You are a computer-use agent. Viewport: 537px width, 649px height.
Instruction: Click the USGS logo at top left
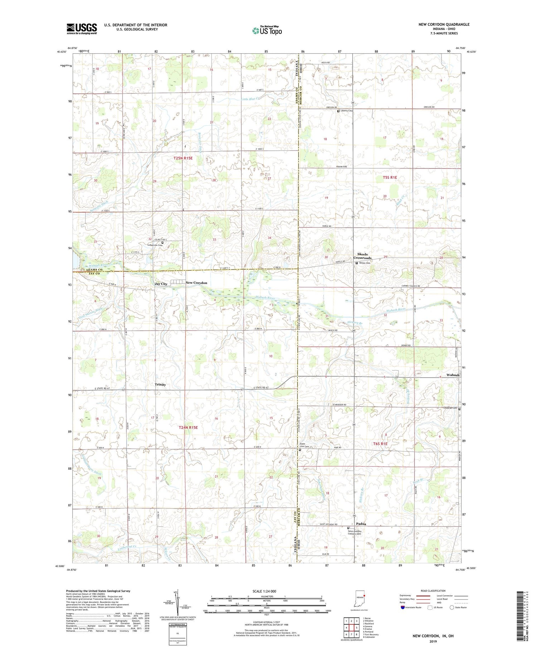tap(82, 29)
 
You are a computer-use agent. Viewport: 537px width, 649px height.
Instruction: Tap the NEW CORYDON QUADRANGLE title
tap(444, 24)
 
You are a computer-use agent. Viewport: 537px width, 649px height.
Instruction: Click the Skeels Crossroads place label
tap(362, 256)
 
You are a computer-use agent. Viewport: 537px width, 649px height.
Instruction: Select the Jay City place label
tap(161, 284)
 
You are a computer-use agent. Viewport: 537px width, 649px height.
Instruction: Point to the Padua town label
tap(361, 524)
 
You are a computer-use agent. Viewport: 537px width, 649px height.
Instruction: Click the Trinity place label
tap(160, 384)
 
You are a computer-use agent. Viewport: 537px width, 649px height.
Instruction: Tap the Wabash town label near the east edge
tap(453, 375)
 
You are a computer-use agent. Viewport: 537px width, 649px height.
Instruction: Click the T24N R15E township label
tap(188, 427)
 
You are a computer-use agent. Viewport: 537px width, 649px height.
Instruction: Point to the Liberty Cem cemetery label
tap(346, 111)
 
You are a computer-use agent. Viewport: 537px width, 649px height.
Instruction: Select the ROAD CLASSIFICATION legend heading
tap(433, 591)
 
